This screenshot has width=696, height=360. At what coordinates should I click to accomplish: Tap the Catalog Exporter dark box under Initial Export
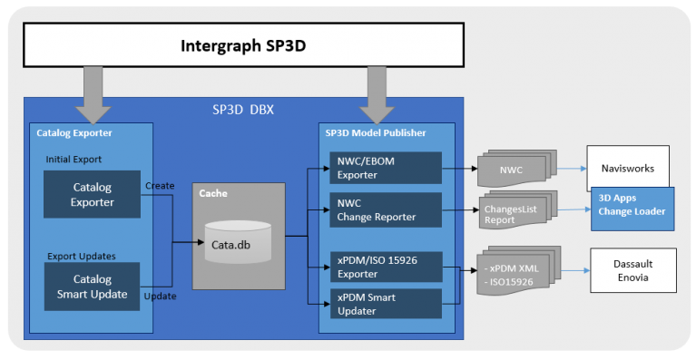point(92,195)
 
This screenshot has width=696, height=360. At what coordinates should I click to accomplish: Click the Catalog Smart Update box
point(92,287)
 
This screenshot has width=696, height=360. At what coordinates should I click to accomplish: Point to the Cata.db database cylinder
point(236,242)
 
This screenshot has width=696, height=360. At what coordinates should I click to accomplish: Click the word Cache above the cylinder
point(214,193)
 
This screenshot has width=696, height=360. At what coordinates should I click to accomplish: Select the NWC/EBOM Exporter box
point(384,168)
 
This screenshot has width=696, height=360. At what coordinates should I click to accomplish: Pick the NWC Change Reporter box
point(384,209)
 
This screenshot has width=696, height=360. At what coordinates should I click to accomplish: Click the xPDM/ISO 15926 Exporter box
point(384,267)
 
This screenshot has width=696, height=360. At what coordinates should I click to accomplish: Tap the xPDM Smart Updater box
point(384,304)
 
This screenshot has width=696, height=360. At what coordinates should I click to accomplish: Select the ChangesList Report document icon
point(515,214)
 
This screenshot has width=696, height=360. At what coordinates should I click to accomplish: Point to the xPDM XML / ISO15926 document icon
point(517,272)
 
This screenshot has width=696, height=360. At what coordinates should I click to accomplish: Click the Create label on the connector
point(160,185)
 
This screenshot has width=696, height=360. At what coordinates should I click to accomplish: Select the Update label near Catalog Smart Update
point(160,296)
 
